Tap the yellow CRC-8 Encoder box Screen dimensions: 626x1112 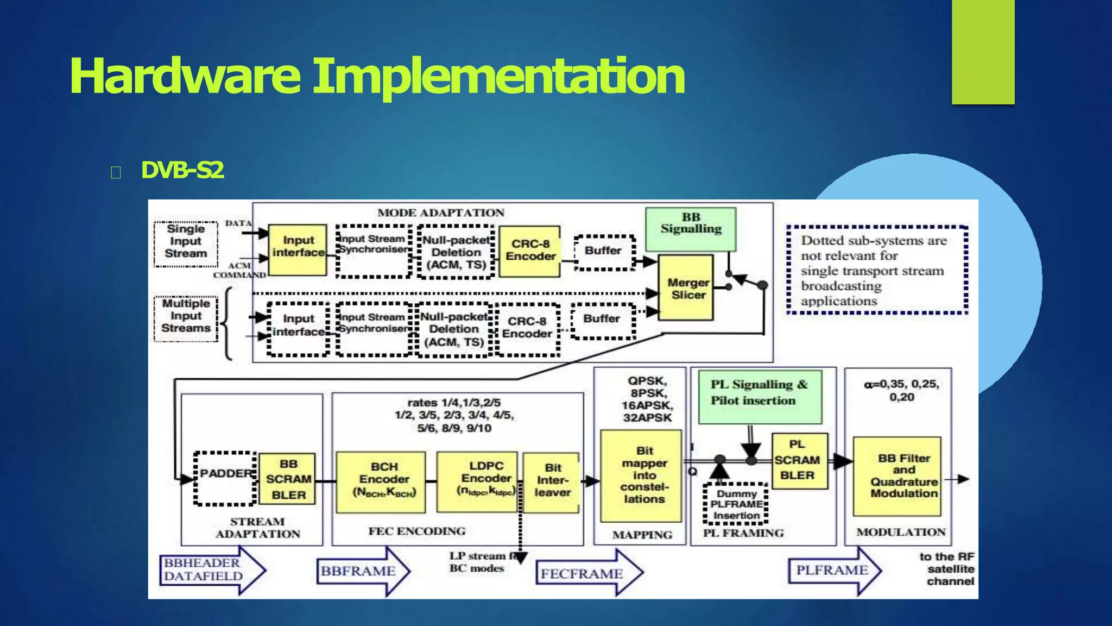pos(530,251)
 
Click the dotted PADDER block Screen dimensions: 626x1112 pos(225,478)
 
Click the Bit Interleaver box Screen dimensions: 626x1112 pos(552,481)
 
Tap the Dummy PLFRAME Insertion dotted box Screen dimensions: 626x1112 pos(736,504)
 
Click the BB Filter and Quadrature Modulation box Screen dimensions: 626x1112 pos(897,476)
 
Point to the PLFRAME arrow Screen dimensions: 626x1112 pos(833,571)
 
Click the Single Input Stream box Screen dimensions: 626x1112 pos(186,243)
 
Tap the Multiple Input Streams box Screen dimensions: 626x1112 pos(186,318)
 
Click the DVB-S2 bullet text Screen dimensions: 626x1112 pos(182,171)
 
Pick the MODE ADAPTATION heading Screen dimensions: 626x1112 pos(440,213)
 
